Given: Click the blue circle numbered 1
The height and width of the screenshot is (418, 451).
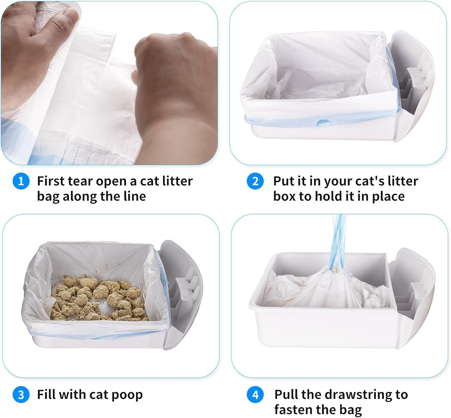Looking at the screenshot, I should coord(21,182).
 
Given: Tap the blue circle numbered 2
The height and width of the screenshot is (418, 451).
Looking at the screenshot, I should coord(255,182).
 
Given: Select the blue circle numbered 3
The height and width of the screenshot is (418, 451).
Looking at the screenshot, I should coord(21,395).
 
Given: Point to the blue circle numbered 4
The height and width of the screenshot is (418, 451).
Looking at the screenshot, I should coord(255,395).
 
